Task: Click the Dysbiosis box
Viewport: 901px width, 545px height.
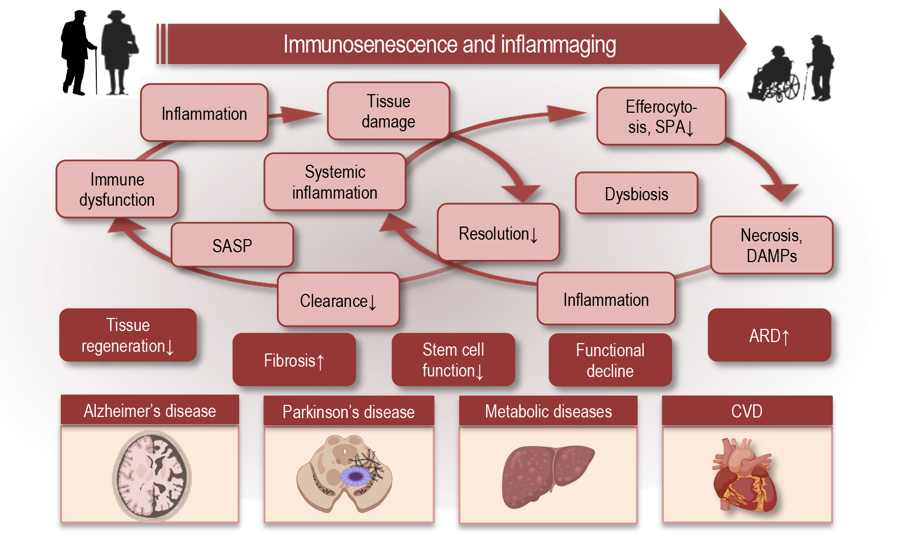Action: (x=636, y=194)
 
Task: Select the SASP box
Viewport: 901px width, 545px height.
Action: (x=232, y=246)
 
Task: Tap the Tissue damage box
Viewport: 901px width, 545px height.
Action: (x=388, y=111)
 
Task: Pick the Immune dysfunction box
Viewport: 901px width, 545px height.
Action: (x=117, y=189)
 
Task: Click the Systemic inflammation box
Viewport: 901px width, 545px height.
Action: (x=334, y=182)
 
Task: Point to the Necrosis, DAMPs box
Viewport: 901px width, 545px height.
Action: (x=771, y=245)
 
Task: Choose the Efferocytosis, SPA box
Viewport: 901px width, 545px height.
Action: (x=661, y=117)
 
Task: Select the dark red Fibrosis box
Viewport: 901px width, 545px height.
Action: (x=294, y=360)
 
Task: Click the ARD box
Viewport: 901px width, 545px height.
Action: (x=769, y=335)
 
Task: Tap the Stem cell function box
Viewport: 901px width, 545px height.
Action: (x=453, y=360)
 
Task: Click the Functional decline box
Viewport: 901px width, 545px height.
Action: (x=610, y=360)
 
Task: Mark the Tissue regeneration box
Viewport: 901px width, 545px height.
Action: (x=128, y=335)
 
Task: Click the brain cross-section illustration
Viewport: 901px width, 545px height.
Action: (x=152, y=474)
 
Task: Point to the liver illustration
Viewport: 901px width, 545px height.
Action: (x=547, y=474)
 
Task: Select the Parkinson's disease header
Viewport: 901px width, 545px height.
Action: (x=348, y=411)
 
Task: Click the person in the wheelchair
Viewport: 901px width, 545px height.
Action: (x=773, y=77)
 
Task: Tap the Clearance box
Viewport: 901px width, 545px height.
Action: (x=338, y=300)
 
